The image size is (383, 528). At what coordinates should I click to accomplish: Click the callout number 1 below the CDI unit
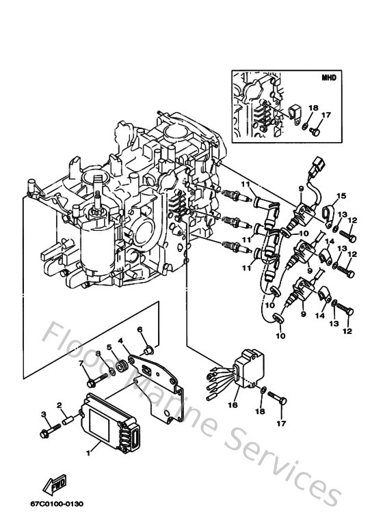click(88, 451)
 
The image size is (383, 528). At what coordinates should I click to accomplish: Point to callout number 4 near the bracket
click(120, 341)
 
